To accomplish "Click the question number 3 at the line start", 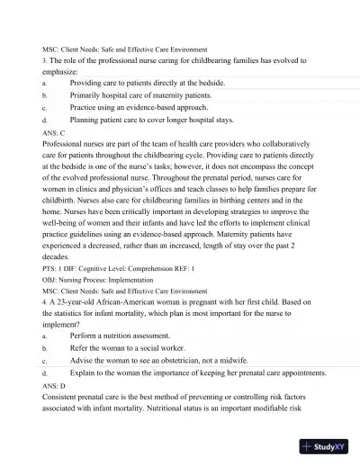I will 44,60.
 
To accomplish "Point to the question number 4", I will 44,303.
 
